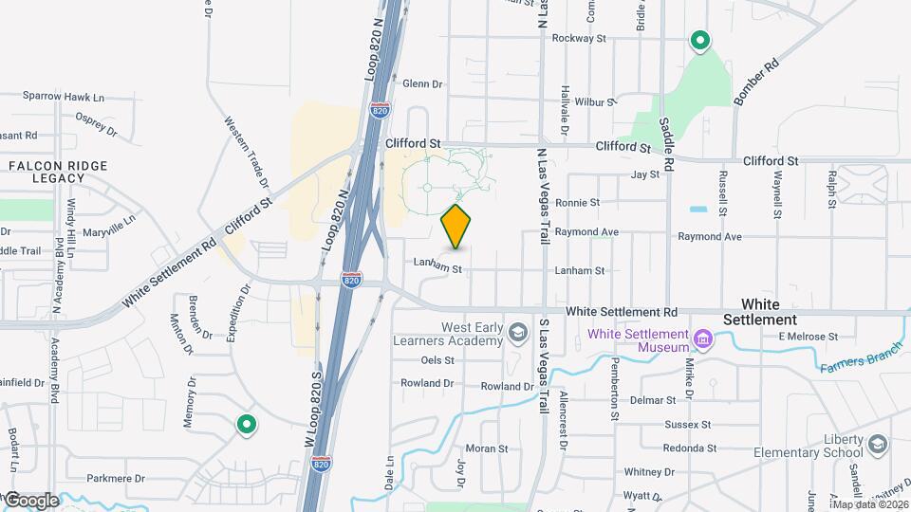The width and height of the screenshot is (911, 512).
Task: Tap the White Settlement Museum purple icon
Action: point(703,338)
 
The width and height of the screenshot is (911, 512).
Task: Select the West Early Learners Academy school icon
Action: point(517,333)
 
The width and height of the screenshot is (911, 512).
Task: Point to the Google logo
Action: point(31,501)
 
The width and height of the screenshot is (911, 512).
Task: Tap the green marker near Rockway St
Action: point(700,40)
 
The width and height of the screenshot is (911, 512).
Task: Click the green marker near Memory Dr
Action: point(247,425)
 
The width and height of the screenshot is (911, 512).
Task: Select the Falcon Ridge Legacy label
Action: point(58,172)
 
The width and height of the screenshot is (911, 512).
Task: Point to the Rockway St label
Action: point(579,39)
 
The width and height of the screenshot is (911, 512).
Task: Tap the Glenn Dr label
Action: point(422,84)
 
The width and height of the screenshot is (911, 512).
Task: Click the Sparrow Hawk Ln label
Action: point(64,97)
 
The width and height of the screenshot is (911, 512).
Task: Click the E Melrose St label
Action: point(808,337)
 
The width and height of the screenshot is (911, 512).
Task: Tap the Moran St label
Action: point(487,448)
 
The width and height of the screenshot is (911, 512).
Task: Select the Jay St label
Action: point(644,174)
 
